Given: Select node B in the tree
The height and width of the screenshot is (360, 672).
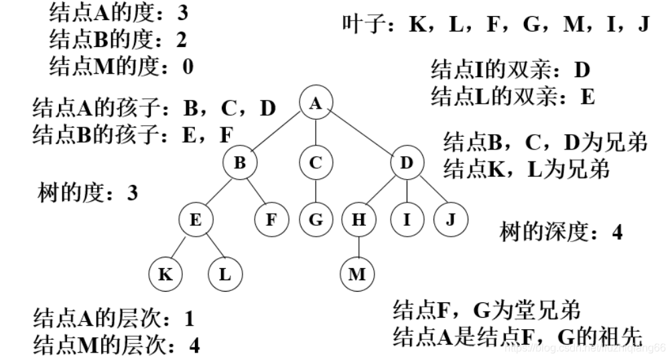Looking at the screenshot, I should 241,162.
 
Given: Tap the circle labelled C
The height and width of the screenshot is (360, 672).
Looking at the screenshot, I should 316,162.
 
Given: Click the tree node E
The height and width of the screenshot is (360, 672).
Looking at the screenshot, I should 196,219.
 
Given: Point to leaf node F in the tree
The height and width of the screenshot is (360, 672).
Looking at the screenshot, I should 271,219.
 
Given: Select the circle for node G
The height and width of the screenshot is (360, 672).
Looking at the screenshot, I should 316,219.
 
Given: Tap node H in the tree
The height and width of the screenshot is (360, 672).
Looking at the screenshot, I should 358,219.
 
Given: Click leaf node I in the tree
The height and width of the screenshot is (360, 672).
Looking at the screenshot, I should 407,219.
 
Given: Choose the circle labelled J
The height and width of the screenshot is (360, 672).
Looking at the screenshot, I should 450,219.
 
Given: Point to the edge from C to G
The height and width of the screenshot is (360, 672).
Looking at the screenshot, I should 316,191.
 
